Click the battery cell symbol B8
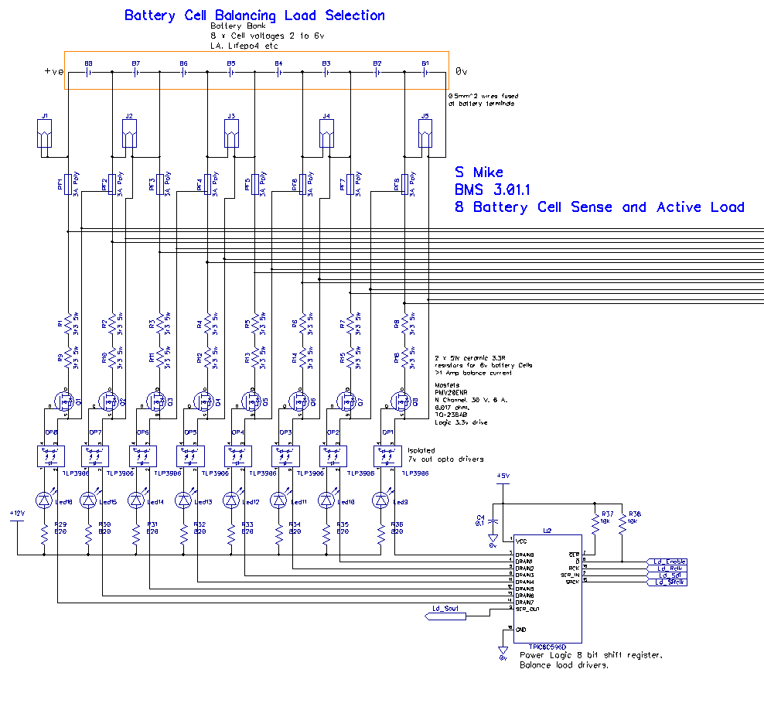[89, 72]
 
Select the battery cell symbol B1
[425, 72]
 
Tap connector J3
[230, 137]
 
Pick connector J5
[425, 137]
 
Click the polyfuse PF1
[68, 184]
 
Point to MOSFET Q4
[205, 401]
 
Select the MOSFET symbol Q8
[401, 401]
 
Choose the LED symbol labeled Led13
[184, 500]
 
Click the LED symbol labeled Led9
[380, 500]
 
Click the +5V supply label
[502, 476]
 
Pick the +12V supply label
[17, 513]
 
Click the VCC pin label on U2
[522, 541]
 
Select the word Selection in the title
[343, 15]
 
